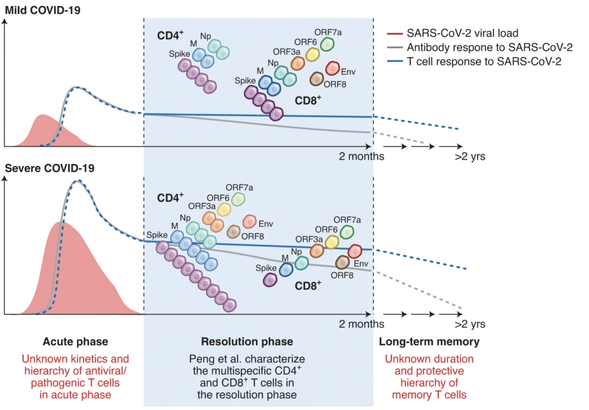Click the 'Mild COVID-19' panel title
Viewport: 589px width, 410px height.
(x=43, y=10)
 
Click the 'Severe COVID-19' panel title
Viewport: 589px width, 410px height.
(x=49, y=168)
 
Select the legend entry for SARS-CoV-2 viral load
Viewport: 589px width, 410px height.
(x=462, y=33)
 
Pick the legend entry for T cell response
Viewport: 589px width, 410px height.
(x=484, y=61)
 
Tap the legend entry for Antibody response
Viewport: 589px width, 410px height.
(x=489, y=48)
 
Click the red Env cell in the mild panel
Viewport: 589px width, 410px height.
(x=332, y=68)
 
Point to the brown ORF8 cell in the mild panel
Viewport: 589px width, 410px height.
(x=316, y=79)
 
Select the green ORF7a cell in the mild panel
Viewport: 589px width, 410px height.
(x=327, y=44)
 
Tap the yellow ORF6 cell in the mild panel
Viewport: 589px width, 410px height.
(x=313, y=54)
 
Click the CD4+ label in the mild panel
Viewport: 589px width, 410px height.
(x=170, y=35)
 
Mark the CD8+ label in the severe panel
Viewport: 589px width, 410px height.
(x=308, y=286)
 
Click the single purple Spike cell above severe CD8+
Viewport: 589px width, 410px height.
(x=270, y=280)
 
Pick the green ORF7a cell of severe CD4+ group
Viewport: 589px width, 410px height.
(x=238, y=199)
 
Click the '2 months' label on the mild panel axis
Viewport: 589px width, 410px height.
(x=361, y=156)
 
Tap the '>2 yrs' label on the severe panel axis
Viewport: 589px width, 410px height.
(x=470, y=324)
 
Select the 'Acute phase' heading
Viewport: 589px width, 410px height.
(x=75, y=341)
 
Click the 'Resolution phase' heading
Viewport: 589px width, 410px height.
(x=247, y=341)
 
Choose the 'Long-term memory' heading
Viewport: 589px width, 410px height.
(x=429, y=341)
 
